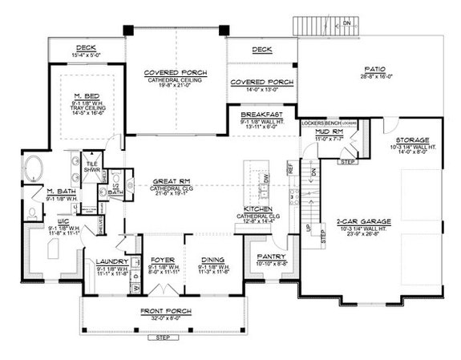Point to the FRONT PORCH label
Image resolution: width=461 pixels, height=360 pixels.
pos(164,309)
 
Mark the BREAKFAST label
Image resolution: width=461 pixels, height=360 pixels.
pos(261,115)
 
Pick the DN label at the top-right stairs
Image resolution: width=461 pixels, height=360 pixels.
pos(346,23)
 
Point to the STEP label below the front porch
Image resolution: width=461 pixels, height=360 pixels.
pos(163,340)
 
